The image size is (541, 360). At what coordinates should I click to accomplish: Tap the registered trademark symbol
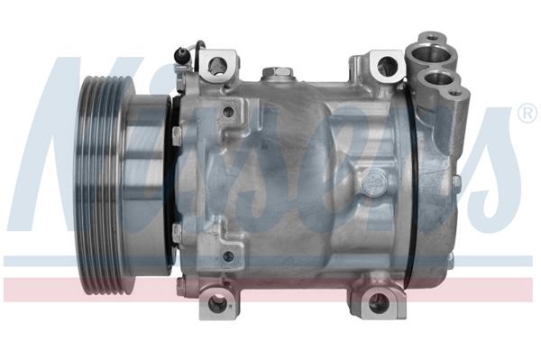527,113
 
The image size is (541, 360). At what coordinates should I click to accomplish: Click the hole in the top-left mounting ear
218,64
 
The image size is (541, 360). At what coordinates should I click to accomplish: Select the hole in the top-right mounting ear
387,64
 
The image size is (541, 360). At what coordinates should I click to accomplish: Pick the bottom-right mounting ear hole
379,301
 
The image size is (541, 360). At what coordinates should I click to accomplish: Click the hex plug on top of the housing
278,72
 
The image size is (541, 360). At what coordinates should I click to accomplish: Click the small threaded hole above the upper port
432,37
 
